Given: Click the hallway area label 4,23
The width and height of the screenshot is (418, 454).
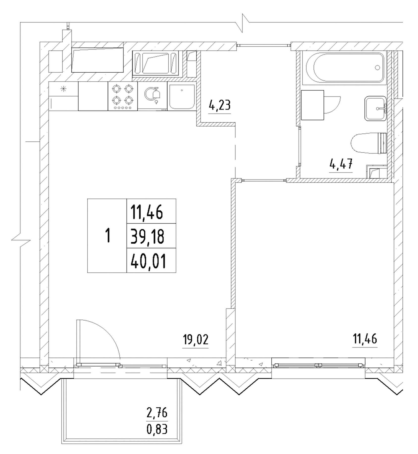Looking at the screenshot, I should pyautogui.click(x=219, y=105).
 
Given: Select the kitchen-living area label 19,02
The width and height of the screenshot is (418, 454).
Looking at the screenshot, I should pyautogui.click(x=196, y=340).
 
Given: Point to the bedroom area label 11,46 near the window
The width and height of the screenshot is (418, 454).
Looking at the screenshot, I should pyautogui.click(x=365, y=339).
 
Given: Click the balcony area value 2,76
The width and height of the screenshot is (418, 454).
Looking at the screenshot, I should pyautogui.click(x=157, y=414).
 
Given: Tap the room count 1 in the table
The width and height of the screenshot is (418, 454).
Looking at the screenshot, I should pyautogui.click(x=108, y=235).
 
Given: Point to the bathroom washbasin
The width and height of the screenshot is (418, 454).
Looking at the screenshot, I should pyautogui.click(x=375, y=108).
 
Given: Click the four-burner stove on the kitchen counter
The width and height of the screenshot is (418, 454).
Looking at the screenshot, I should pyautogui.click(x=123, y=96).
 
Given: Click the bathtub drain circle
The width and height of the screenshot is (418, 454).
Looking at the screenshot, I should pyautogui.click(x=377, y=67).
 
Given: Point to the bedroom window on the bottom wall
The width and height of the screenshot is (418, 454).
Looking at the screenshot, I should pyautogui.click(x=318, y=365).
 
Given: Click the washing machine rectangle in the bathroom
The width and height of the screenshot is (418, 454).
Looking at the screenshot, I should pyautogui.click(x=312, y=105).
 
